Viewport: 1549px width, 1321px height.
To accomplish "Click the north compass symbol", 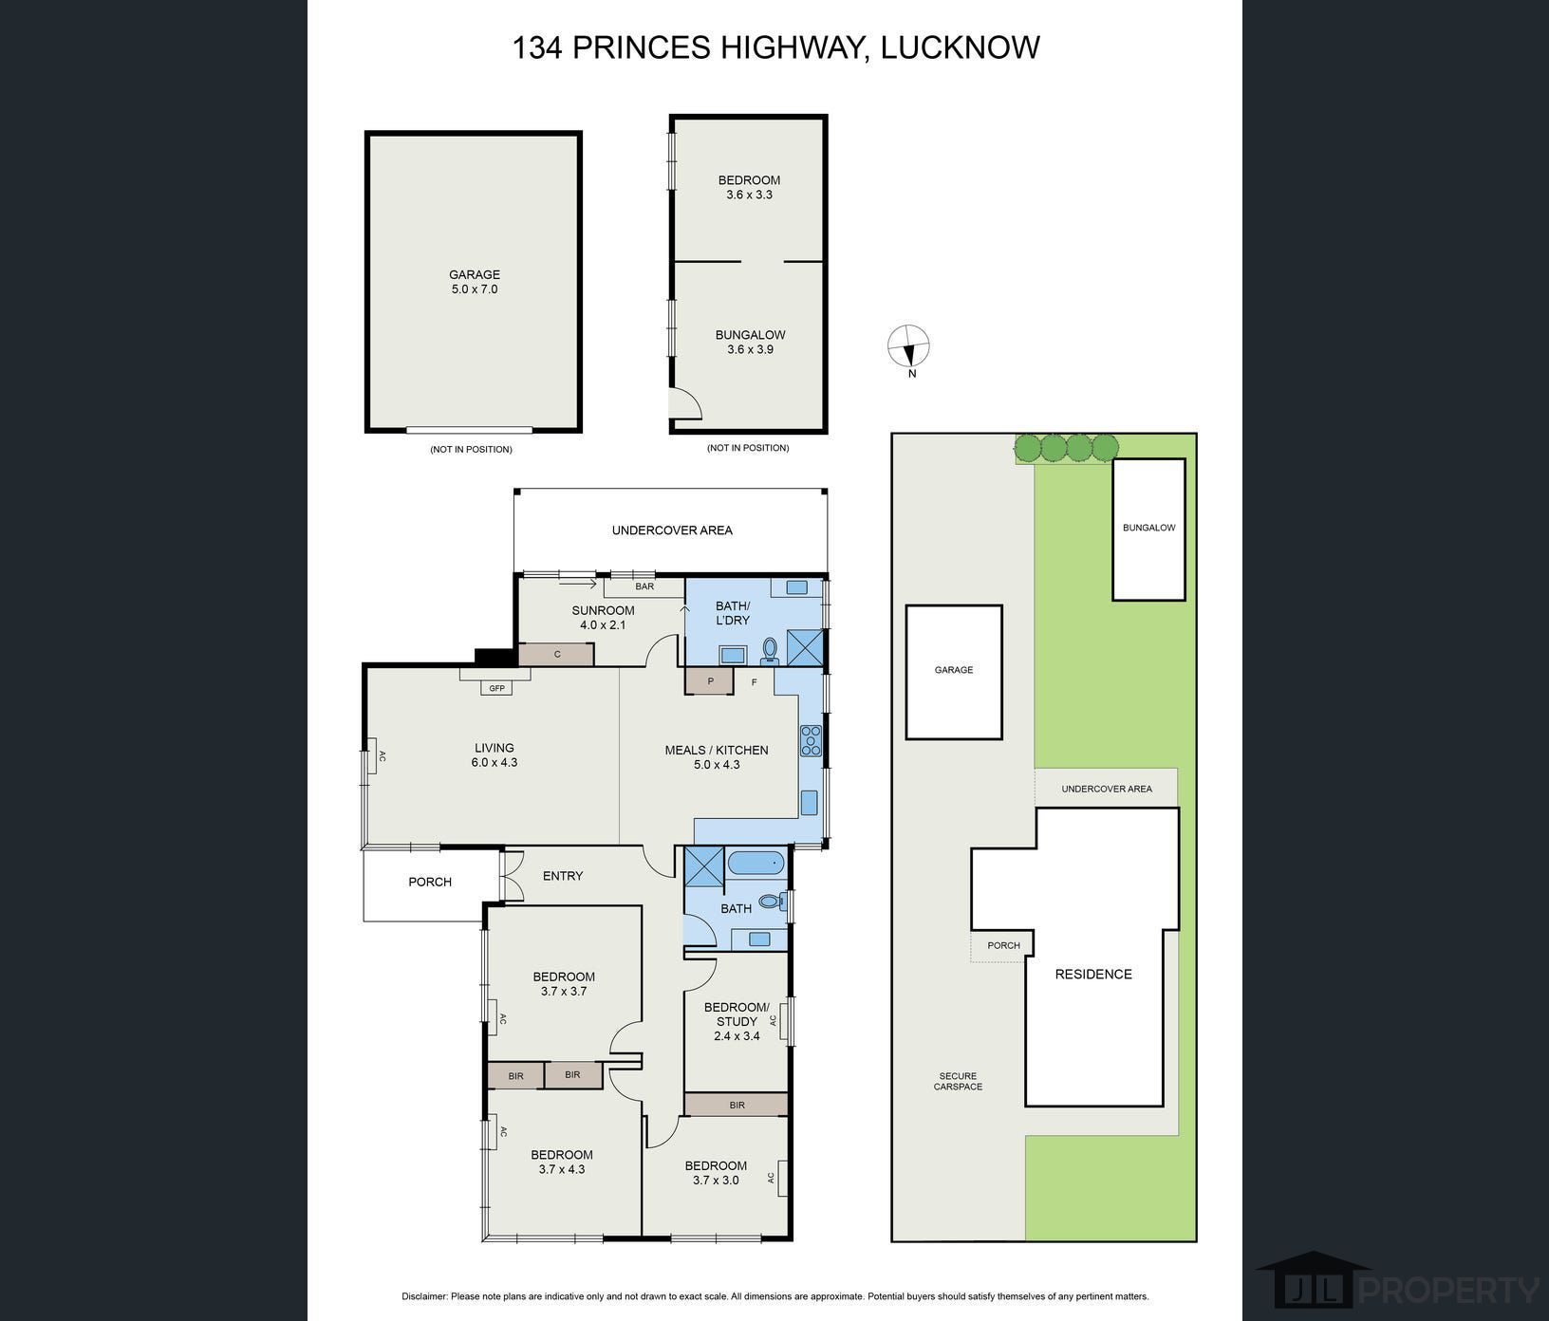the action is coord(908,346).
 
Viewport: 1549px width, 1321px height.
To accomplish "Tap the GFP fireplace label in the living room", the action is coord(496,688).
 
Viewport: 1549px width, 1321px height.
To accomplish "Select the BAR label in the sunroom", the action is coord(644,586).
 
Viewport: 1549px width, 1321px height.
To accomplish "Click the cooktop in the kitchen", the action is coord(811,740).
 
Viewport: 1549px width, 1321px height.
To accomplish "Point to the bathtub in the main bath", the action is coord(756,864).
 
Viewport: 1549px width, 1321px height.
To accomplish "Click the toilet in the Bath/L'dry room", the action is coord(770,650).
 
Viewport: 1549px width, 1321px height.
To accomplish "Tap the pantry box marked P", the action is coord(710,681).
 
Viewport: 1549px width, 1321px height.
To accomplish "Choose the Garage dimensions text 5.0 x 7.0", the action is coord(475,289).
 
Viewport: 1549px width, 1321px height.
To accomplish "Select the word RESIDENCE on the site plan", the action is coord(1093,974).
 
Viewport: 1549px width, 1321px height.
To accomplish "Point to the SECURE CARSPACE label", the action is coord(958,1081).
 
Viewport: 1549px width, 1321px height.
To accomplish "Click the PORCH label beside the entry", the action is coord(430,882).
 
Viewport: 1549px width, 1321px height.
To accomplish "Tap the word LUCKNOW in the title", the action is coord(961,47).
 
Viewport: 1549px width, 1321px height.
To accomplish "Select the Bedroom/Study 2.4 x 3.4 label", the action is coord(737,1021).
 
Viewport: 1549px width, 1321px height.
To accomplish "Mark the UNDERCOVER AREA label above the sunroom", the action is coord(672,530).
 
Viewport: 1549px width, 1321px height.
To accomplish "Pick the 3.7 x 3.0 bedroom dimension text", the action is coord(716,1181).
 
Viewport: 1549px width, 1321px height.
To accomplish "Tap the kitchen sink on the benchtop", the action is coord(810,802).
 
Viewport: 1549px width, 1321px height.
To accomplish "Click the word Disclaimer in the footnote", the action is coord(424,1296).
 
